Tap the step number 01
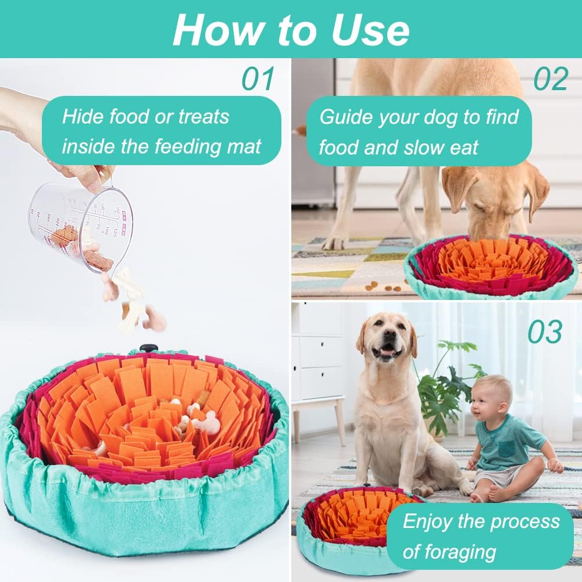[x=258, y=78]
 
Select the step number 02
[x=551, y=78]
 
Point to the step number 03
[x=545, y=332]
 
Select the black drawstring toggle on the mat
[x=149, y=348]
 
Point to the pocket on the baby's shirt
[x=505, y=449]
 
